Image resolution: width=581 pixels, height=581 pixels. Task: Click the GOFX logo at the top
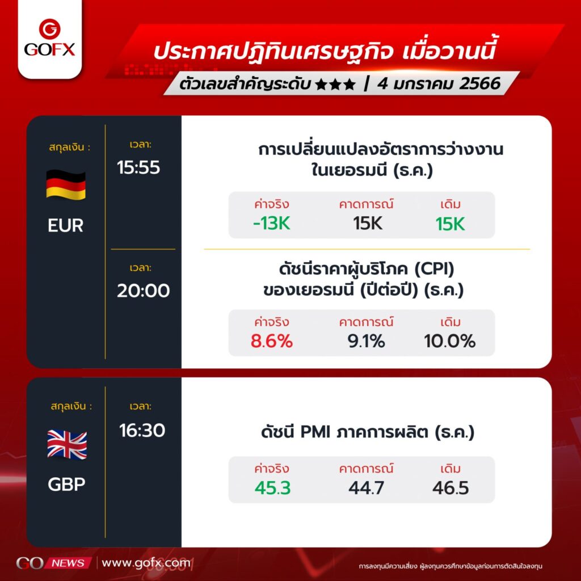[x=50, y=38]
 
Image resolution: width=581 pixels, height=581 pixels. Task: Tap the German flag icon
[x=66, y=185]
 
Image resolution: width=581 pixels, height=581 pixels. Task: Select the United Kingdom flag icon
[x=67, y=445]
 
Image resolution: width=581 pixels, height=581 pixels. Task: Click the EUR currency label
[x=66, y=225]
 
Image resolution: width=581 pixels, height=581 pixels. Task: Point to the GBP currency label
[x=67, y=485]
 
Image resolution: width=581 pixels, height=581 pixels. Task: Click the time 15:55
[x=138, y=167]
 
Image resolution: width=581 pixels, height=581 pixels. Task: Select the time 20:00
[x=144, y=290]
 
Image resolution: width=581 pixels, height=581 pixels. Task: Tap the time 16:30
[x=142, y=431]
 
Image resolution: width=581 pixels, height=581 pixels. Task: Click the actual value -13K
[x=272, y=224]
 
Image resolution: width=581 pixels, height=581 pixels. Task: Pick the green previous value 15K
[x=450, y=224]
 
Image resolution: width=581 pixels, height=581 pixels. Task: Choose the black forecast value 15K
[x=368, y=224]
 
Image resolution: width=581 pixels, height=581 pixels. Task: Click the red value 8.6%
[x=272, y=341]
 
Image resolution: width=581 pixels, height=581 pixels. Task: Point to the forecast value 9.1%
[x=367, y=341]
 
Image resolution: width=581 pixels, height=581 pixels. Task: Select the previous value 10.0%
[x=450, y=341]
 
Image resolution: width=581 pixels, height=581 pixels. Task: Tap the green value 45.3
[x=273, y=488]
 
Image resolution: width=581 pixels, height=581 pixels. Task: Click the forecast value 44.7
[x=367, y=488]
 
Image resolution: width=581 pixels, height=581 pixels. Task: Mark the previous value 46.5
[x=451, y=488]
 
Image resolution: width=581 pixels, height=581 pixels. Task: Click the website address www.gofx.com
[x=146, y=563]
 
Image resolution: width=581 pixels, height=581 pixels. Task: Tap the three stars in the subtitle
[x=335, y=85]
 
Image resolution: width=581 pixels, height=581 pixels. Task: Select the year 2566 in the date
[x=480, y=83]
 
